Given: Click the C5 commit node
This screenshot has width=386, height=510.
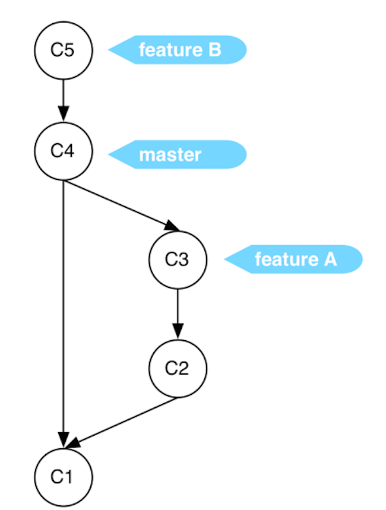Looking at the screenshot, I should tap(63, 50).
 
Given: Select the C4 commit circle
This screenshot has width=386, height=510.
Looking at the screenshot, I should tap(63, 151).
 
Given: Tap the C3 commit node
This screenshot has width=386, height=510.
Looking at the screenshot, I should tap(178, 259).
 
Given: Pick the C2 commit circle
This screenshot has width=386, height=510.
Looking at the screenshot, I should tap(178, 368).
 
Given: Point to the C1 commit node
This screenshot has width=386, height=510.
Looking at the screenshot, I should tap(63, 477).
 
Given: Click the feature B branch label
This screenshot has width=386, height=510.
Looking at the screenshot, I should tap(178, 50).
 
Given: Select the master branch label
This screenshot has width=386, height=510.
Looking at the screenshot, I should tap(178, 155).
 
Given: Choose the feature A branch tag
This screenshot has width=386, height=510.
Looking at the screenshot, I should tap(294, 259).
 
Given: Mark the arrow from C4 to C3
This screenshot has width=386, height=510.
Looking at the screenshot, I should tap(119, 204).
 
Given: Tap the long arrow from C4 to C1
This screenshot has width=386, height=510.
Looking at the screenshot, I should tap(63, 309).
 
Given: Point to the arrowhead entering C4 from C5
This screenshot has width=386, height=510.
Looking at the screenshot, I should tap(63, 115).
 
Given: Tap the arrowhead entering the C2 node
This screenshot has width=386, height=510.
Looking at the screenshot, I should tap(178, 332).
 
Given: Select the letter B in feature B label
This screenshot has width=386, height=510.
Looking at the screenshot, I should tap(214, 50).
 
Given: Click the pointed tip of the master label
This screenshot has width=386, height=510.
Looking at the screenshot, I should tap(110, 155).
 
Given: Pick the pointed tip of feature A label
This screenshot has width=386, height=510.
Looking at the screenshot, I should tap(226, 259).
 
